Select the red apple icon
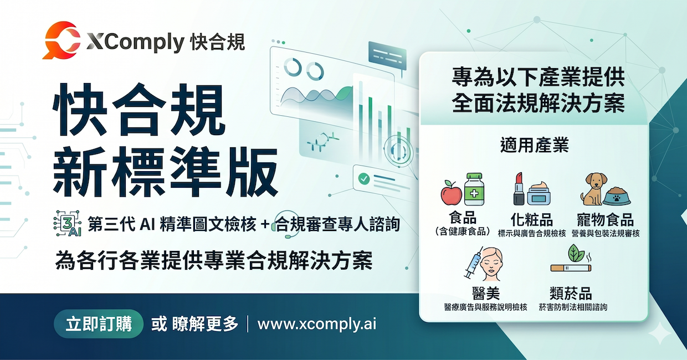click(451, 193)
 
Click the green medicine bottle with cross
click(474, 189)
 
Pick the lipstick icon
click(519, 190)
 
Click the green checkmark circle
click(364, 178)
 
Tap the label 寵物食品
click(604, 219)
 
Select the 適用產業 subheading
click(534, 146)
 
